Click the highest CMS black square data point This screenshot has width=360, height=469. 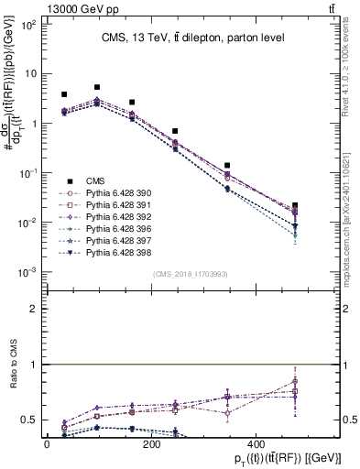pos(97,88)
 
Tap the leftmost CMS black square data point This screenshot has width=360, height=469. pos(64,94)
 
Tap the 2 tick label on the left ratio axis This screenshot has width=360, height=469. pos(37,309)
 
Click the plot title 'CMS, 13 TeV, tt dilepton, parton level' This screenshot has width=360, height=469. pos(192,38)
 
